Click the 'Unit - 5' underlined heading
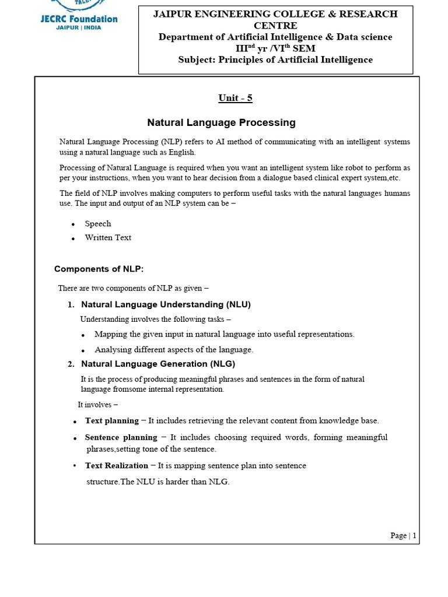235,98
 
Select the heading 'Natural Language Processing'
221,122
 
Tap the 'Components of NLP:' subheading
99,269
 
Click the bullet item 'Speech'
97,224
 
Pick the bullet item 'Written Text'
108,238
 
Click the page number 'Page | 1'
403,535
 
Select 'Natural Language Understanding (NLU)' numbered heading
166,304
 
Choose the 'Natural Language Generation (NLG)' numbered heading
157,364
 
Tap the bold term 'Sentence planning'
121,437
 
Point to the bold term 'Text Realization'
117,465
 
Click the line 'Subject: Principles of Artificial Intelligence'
275,60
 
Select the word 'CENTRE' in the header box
275,26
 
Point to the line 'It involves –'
97,405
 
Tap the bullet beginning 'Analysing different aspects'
173,350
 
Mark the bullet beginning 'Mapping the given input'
224,334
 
